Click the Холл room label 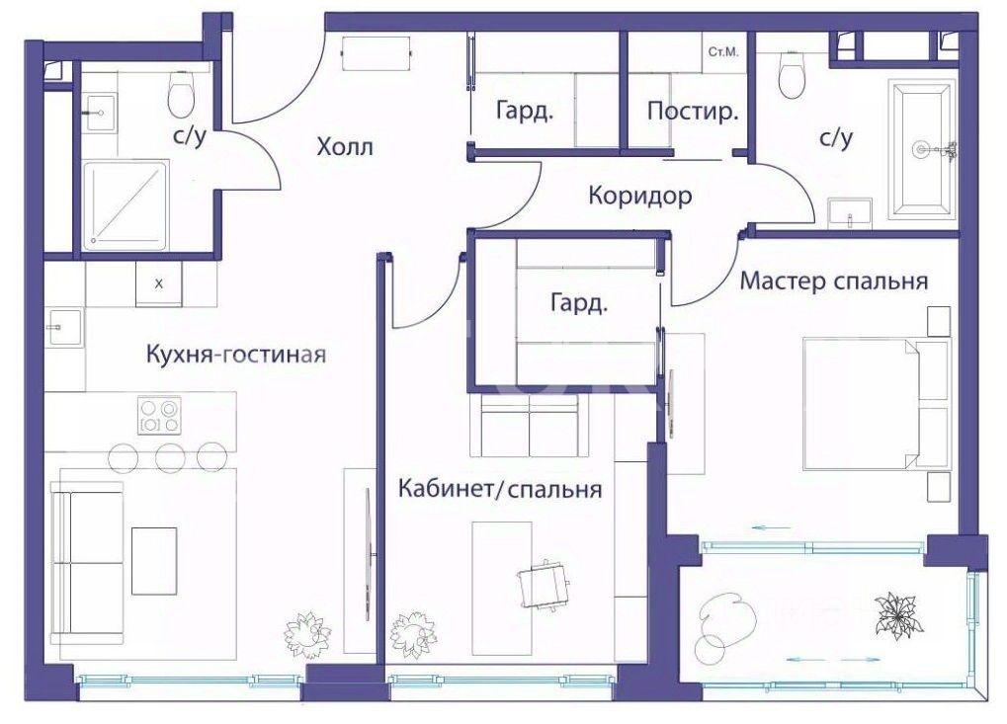[x=344, y=147]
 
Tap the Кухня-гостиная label [x=236, y=354]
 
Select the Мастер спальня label [x=834, y=282]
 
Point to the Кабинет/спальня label [x=500, y=489]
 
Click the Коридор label [x=639, y=196]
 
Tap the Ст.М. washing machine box [x=723, y=52]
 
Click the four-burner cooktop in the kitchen [x=159, y=415]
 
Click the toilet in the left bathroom [x=181, y=94]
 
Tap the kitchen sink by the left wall [x=64, y=327]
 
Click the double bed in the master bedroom [x=876, y=404]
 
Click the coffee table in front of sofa [x=154, y=561]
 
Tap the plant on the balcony [x=898, y=615]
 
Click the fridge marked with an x [x=159, y=283]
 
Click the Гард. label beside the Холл [x=525, y=111]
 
